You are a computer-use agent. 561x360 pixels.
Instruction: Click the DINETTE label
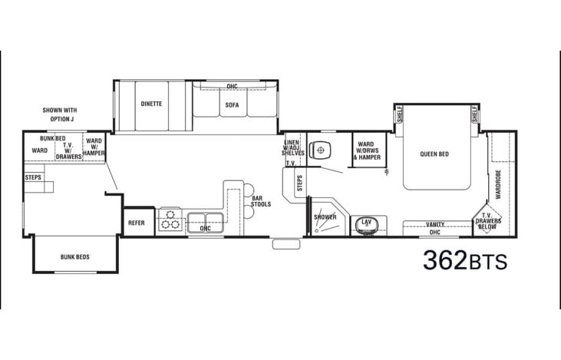[x=151, y=104]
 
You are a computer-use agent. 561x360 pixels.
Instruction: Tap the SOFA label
[x=232, y=105]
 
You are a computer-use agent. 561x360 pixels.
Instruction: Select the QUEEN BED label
[x=434, y=154]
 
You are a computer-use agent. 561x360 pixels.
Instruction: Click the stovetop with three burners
[x=170, y=220]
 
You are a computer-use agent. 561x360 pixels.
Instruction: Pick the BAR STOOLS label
[x=261, y=201]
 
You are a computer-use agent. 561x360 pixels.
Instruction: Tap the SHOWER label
[x=325, y=217]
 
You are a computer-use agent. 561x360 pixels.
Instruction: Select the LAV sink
[x=366, y=224]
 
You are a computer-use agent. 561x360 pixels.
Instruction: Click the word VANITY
[x=435, y=224]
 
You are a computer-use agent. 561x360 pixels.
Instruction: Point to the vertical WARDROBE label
[x=498, y=184]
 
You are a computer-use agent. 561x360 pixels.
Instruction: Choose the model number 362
[x=445, y=260]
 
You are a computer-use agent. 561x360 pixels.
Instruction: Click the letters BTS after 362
[x=487, y=262]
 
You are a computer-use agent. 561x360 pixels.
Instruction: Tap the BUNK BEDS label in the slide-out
[x=74, y=257]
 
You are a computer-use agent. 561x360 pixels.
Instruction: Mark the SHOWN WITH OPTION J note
[x=60, y=114]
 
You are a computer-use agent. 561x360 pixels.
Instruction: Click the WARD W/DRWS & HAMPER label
[x=367, y=150]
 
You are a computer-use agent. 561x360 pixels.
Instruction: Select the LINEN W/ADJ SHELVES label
[x=292, y=148]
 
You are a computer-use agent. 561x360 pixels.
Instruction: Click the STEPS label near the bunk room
[x=33, y=177]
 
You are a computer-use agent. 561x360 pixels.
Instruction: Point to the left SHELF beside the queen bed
[x=400, y=114]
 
